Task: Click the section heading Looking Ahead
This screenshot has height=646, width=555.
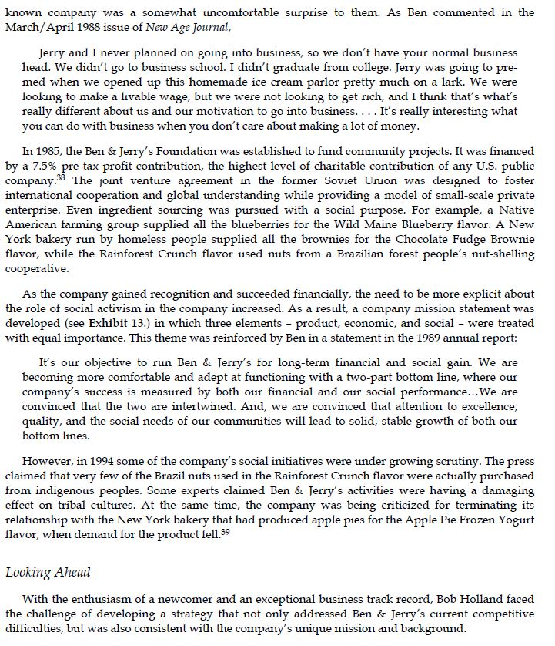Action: coord(47,572)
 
